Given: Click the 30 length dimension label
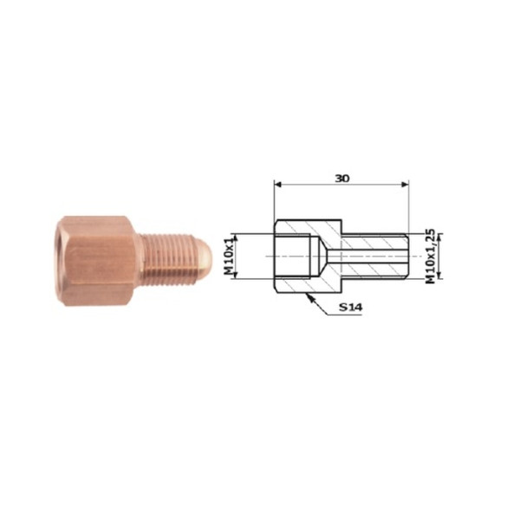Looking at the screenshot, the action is pyautogui.click(x=342, y=179).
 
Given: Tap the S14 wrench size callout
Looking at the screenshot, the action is pyautogui.click(x=351, y=308).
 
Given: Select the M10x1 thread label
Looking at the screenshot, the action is pyautogui.click(x=229, y=257).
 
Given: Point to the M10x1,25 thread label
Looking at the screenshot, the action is pyautogui.click(x=430, y=256).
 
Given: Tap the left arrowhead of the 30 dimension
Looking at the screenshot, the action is pyautogui.click(x=277, y=185).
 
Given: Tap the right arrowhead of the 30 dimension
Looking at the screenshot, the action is pyautogui.click(x=405, y=185).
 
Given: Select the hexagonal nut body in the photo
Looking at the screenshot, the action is pyautogui.click(x=96, y=261).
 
